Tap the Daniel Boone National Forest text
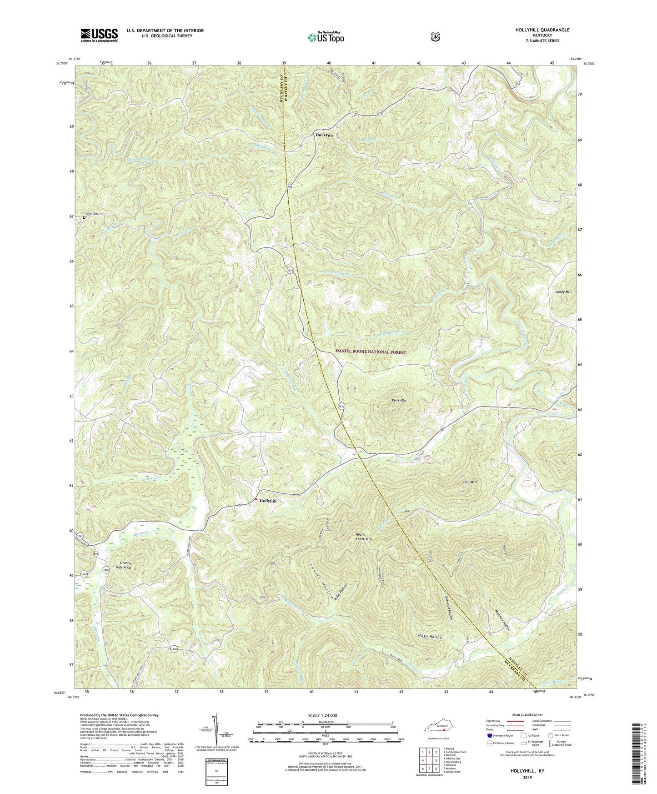tap(371, 352)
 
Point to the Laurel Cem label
tap(90, 213)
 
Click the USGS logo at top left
tap(99, 35)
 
